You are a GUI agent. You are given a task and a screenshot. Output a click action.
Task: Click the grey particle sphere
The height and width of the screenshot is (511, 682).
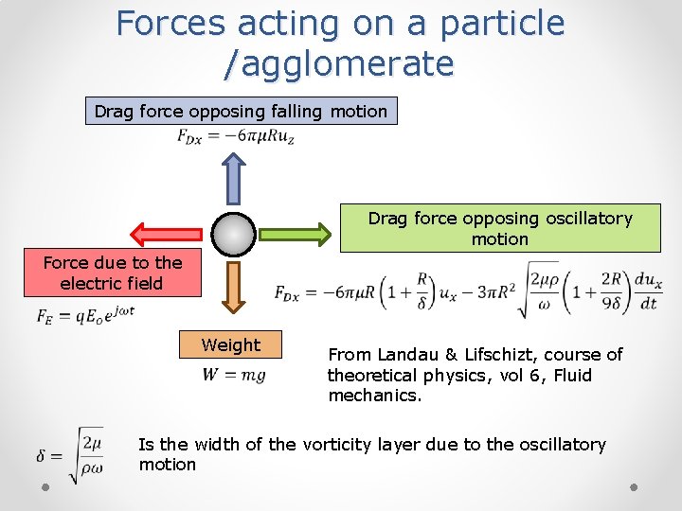point(233,234)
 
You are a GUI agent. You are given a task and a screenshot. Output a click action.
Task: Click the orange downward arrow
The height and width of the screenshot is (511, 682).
point(233,287)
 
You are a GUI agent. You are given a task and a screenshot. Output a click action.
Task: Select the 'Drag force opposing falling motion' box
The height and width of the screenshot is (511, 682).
point(241,112)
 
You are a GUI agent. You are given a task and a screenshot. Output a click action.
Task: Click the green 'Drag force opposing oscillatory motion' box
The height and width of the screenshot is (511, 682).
point(499,229)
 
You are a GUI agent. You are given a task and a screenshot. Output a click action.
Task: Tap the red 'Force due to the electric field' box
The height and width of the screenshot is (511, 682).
point(112,273)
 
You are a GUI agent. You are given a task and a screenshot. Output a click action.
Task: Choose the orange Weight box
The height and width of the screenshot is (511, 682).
point(230,345)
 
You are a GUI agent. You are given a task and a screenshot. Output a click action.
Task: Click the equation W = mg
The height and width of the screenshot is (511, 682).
point(233,375)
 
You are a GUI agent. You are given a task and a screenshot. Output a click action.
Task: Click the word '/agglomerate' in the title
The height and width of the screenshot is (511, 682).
point(339,64)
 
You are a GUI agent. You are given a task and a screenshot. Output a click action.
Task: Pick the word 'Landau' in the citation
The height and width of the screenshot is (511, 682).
point(411,355)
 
